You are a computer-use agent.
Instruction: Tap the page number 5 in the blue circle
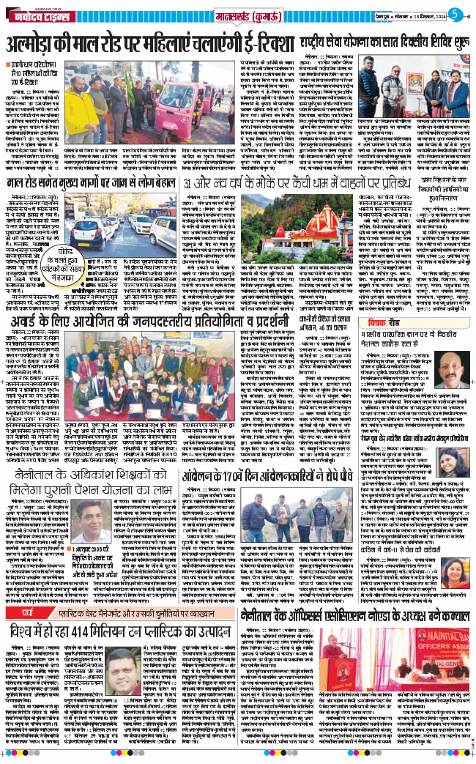[455, 14]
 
